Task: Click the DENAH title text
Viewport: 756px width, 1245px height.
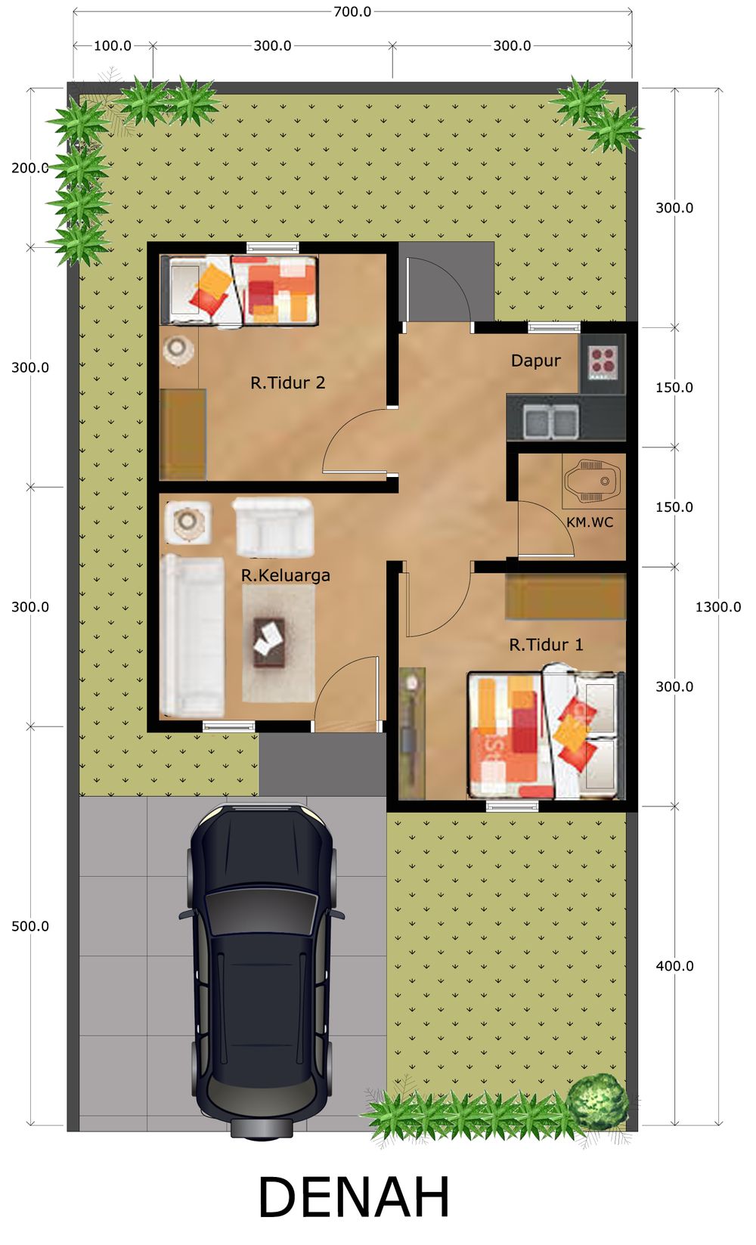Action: pyautogui.click(x=354, y=1197)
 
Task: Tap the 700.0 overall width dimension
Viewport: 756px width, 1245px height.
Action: pyautogui.click(x=352, y=11)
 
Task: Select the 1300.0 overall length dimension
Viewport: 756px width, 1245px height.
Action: pyautogui.click(x=718, y=607)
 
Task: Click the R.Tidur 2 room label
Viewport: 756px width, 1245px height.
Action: pyautogui.click(x=287, y=382)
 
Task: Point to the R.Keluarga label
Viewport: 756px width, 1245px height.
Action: pyautogui.click(x=286, y=575)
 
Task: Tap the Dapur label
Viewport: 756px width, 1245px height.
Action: pyautogui.click(x=536, y=361)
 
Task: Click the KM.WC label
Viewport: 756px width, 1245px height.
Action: pyautogui.click(x=590, y=522)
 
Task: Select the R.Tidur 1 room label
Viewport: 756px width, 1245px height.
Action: pyautogui.click(x=547, y=645)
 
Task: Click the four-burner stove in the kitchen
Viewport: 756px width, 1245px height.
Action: pyautogui.click(x=603, y=362)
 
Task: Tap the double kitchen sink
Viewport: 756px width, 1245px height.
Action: pyautogui.click(x=550, y=420)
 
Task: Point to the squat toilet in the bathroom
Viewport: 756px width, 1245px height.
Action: pyautogui.click(x=593, y=481)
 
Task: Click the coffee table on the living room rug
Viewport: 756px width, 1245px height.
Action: pyautogui.click(x=270, y=643)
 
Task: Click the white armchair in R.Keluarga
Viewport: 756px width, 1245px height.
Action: pyautogui.click(x=273, y=526)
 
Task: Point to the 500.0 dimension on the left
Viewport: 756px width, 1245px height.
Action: pyautogui.click(x=30, y=927)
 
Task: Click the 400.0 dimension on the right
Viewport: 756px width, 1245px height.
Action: pyautogui.click(x=674, y=966)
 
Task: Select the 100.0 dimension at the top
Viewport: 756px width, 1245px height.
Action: pyautogui.click(x=113, y=45)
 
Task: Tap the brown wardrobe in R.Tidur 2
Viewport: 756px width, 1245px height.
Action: pyautogui.click(x=183, y=434)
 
